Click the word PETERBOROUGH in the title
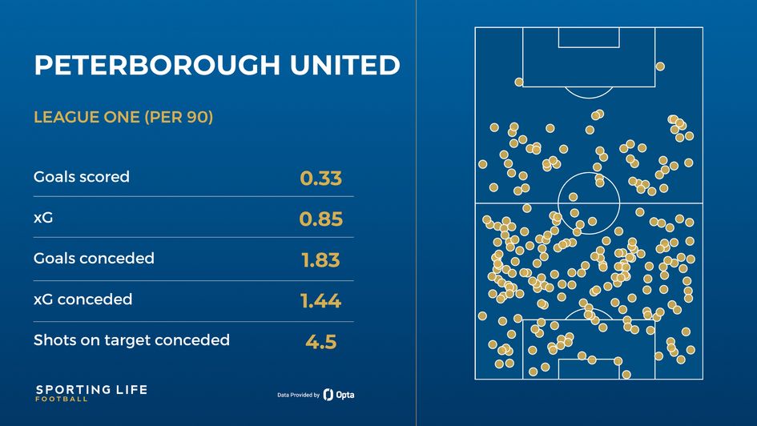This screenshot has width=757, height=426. pyautogui.click(x=149, y=66)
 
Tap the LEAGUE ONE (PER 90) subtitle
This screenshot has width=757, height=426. pyautogui.click(x=123, y=118)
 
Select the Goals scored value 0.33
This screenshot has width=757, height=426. pyautogui.click(x=320, y=179)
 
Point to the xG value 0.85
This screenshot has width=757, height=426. pyautogui.click(x=320, y=219)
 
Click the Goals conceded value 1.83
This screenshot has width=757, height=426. pyautogui.click(x=320, y=260)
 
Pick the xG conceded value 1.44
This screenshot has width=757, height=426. pyautogui.click(x=320, y=301)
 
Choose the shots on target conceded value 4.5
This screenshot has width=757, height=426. pyautogui.click(x=320, y=342)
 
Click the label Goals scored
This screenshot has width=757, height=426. pyautogui.click(x=81, y=176)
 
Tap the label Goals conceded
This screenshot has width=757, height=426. pyautogui.click(x=94, y=258)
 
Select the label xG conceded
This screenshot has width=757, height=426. pyautogui.click(x=83, y=299)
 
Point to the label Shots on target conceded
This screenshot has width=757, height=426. pyautogui.click(x=131, y=340)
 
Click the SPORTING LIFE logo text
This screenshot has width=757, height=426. pyautogui.click(x=91, y=390)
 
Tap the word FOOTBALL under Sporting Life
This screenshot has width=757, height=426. pyautogui.click(x=62, y=400)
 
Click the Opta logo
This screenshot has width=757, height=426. pyautogui.click(x=340, y=395)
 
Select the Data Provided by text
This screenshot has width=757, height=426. pyautogui.click(x=298, y=396)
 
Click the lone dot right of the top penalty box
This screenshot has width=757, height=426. pyautogui.click(x=659, y=66)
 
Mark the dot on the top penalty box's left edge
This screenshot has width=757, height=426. pyautogui.click(x=519, y=82)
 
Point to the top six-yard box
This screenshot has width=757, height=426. pyautogui.click(x=589, y=37)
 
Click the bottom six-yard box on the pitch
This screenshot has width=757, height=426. pyautogui.click(x=589, y=369)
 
